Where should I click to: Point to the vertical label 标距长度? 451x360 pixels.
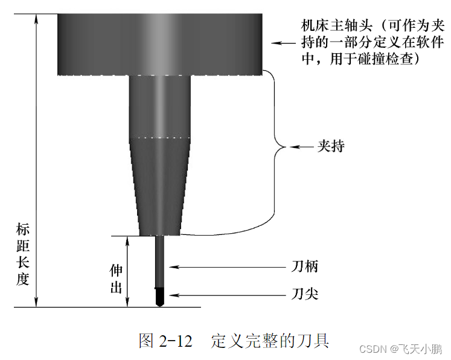click(x=23, y=254)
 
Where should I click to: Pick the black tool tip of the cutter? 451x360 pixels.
click(x=161, y=297)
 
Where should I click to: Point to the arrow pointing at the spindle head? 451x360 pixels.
click(x=284, y=43)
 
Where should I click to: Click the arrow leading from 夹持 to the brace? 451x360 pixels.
click(x=301, y=147)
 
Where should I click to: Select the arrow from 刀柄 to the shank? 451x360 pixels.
click(x=229, y=266)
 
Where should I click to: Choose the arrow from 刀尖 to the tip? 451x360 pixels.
click(x=229, y=294)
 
